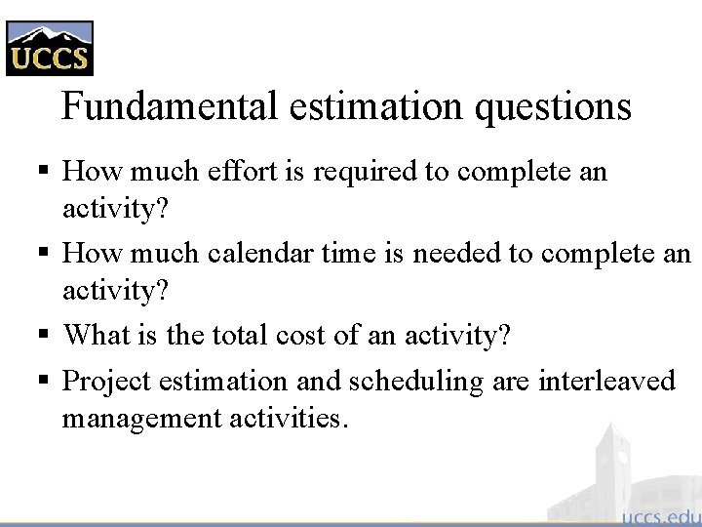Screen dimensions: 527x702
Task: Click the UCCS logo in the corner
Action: point(49,47)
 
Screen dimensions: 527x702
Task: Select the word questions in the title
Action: point(553,105)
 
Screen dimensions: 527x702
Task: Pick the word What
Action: point(94,336)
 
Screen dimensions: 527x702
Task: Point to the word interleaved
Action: point(605,381)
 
